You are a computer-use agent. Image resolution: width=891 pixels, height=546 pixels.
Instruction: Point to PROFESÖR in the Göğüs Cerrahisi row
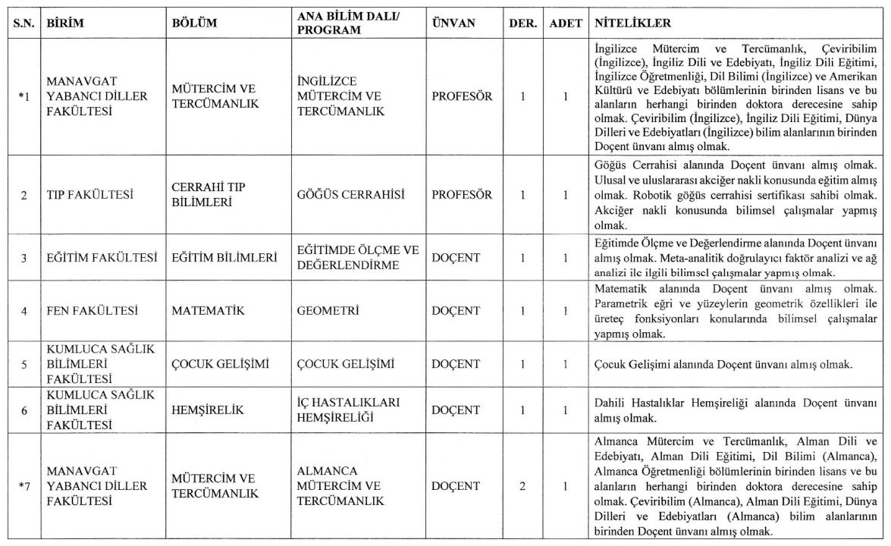pyautogui.click(x=462, y=195)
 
